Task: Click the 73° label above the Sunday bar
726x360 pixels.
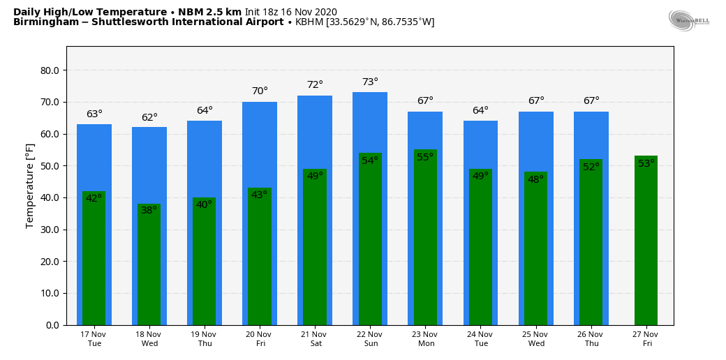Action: point(370,82)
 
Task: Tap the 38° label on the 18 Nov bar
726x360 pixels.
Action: point(149,210)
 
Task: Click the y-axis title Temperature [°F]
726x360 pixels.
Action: point(30,186)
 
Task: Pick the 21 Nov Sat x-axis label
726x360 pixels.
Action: point(315,339)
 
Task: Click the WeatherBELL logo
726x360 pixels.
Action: point(688,20)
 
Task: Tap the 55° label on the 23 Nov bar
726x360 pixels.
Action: point(425,157)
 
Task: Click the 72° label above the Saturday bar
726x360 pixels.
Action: point(315,85)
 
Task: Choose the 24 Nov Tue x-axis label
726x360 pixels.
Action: point(480,339)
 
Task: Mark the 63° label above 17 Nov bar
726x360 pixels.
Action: point(94,114)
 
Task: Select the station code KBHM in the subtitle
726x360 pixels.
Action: point(309,22)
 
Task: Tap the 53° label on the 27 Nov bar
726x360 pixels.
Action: point(646,163)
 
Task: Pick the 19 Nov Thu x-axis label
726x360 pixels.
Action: point(205,339)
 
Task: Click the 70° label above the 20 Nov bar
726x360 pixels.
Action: point(260,91)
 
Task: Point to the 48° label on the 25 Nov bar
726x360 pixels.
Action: point(535,179)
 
